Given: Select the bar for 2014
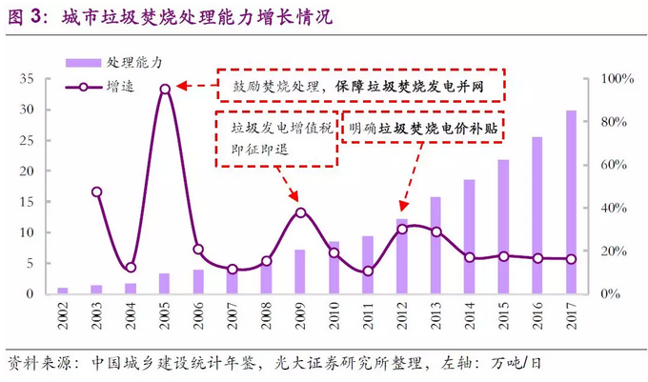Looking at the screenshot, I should coord(470,236).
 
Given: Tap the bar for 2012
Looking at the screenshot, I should coord(402,256).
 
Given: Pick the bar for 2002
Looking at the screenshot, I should coord(63,291).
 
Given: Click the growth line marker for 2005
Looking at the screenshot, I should coord(165,89).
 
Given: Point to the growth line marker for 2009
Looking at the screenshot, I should coord(300,211).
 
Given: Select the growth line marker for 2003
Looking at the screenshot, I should coord(97,191).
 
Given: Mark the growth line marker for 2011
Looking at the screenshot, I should coord(368,271).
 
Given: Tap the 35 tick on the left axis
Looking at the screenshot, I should coord(28,79).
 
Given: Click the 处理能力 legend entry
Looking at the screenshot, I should coord(114,62).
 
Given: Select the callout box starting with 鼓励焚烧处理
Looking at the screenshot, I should coord(361,85).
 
